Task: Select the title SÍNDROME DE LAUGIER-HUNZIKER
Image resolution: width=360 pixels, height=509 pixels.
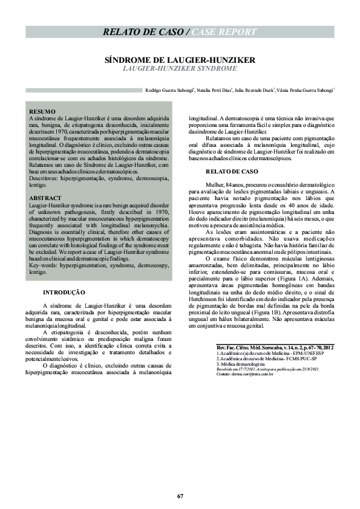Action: [180, 60]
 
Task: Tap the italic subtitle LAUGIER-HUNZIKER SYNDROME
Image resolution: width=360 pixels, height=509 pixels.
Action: [180, 70]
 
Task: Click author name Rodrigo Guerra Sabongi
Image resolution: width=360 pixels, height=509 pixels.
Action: [169, 91]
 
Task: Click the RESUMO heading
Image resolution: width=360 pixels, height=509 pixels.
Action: [42, 112]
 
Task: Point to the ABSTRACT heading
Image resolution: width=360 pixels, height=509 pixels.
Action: [45, 198]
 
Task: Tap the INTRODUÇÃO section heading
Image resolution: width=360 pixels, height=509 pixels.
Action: [64, 292]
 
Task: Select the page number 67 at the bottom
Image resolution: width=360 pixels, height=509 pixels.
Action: [180, 496]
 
